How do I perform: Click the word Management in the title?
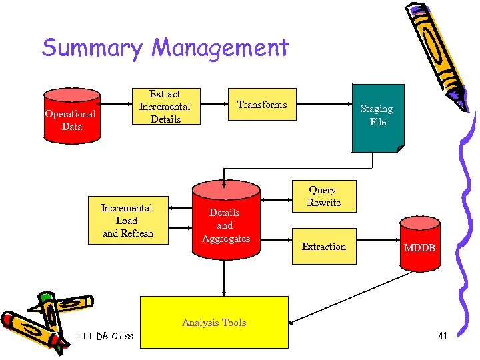[x=220, y=49]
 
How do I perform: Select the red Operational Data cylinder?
[x=71, y=120]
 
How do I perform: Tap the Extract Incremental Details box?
[x=165, y=107]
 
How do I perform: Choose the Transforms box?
[x=262, y=105]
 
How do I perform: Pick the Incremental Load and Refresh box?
[x=127, y=221]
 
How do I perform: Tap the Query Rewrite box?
[x=323, y=196]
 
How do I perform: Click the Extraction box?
[x=323, y=247]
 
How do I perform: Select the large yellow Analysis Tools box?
[x=214, y=322]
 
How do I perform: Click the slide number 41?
[x=442, y=335]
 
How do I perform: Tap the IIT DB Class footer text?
[x=105, y=335]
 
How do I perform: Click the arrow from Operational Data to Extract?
[x=115, y=104]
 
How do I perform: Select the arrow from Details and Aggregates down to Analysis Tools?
[x=225, y=280]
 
